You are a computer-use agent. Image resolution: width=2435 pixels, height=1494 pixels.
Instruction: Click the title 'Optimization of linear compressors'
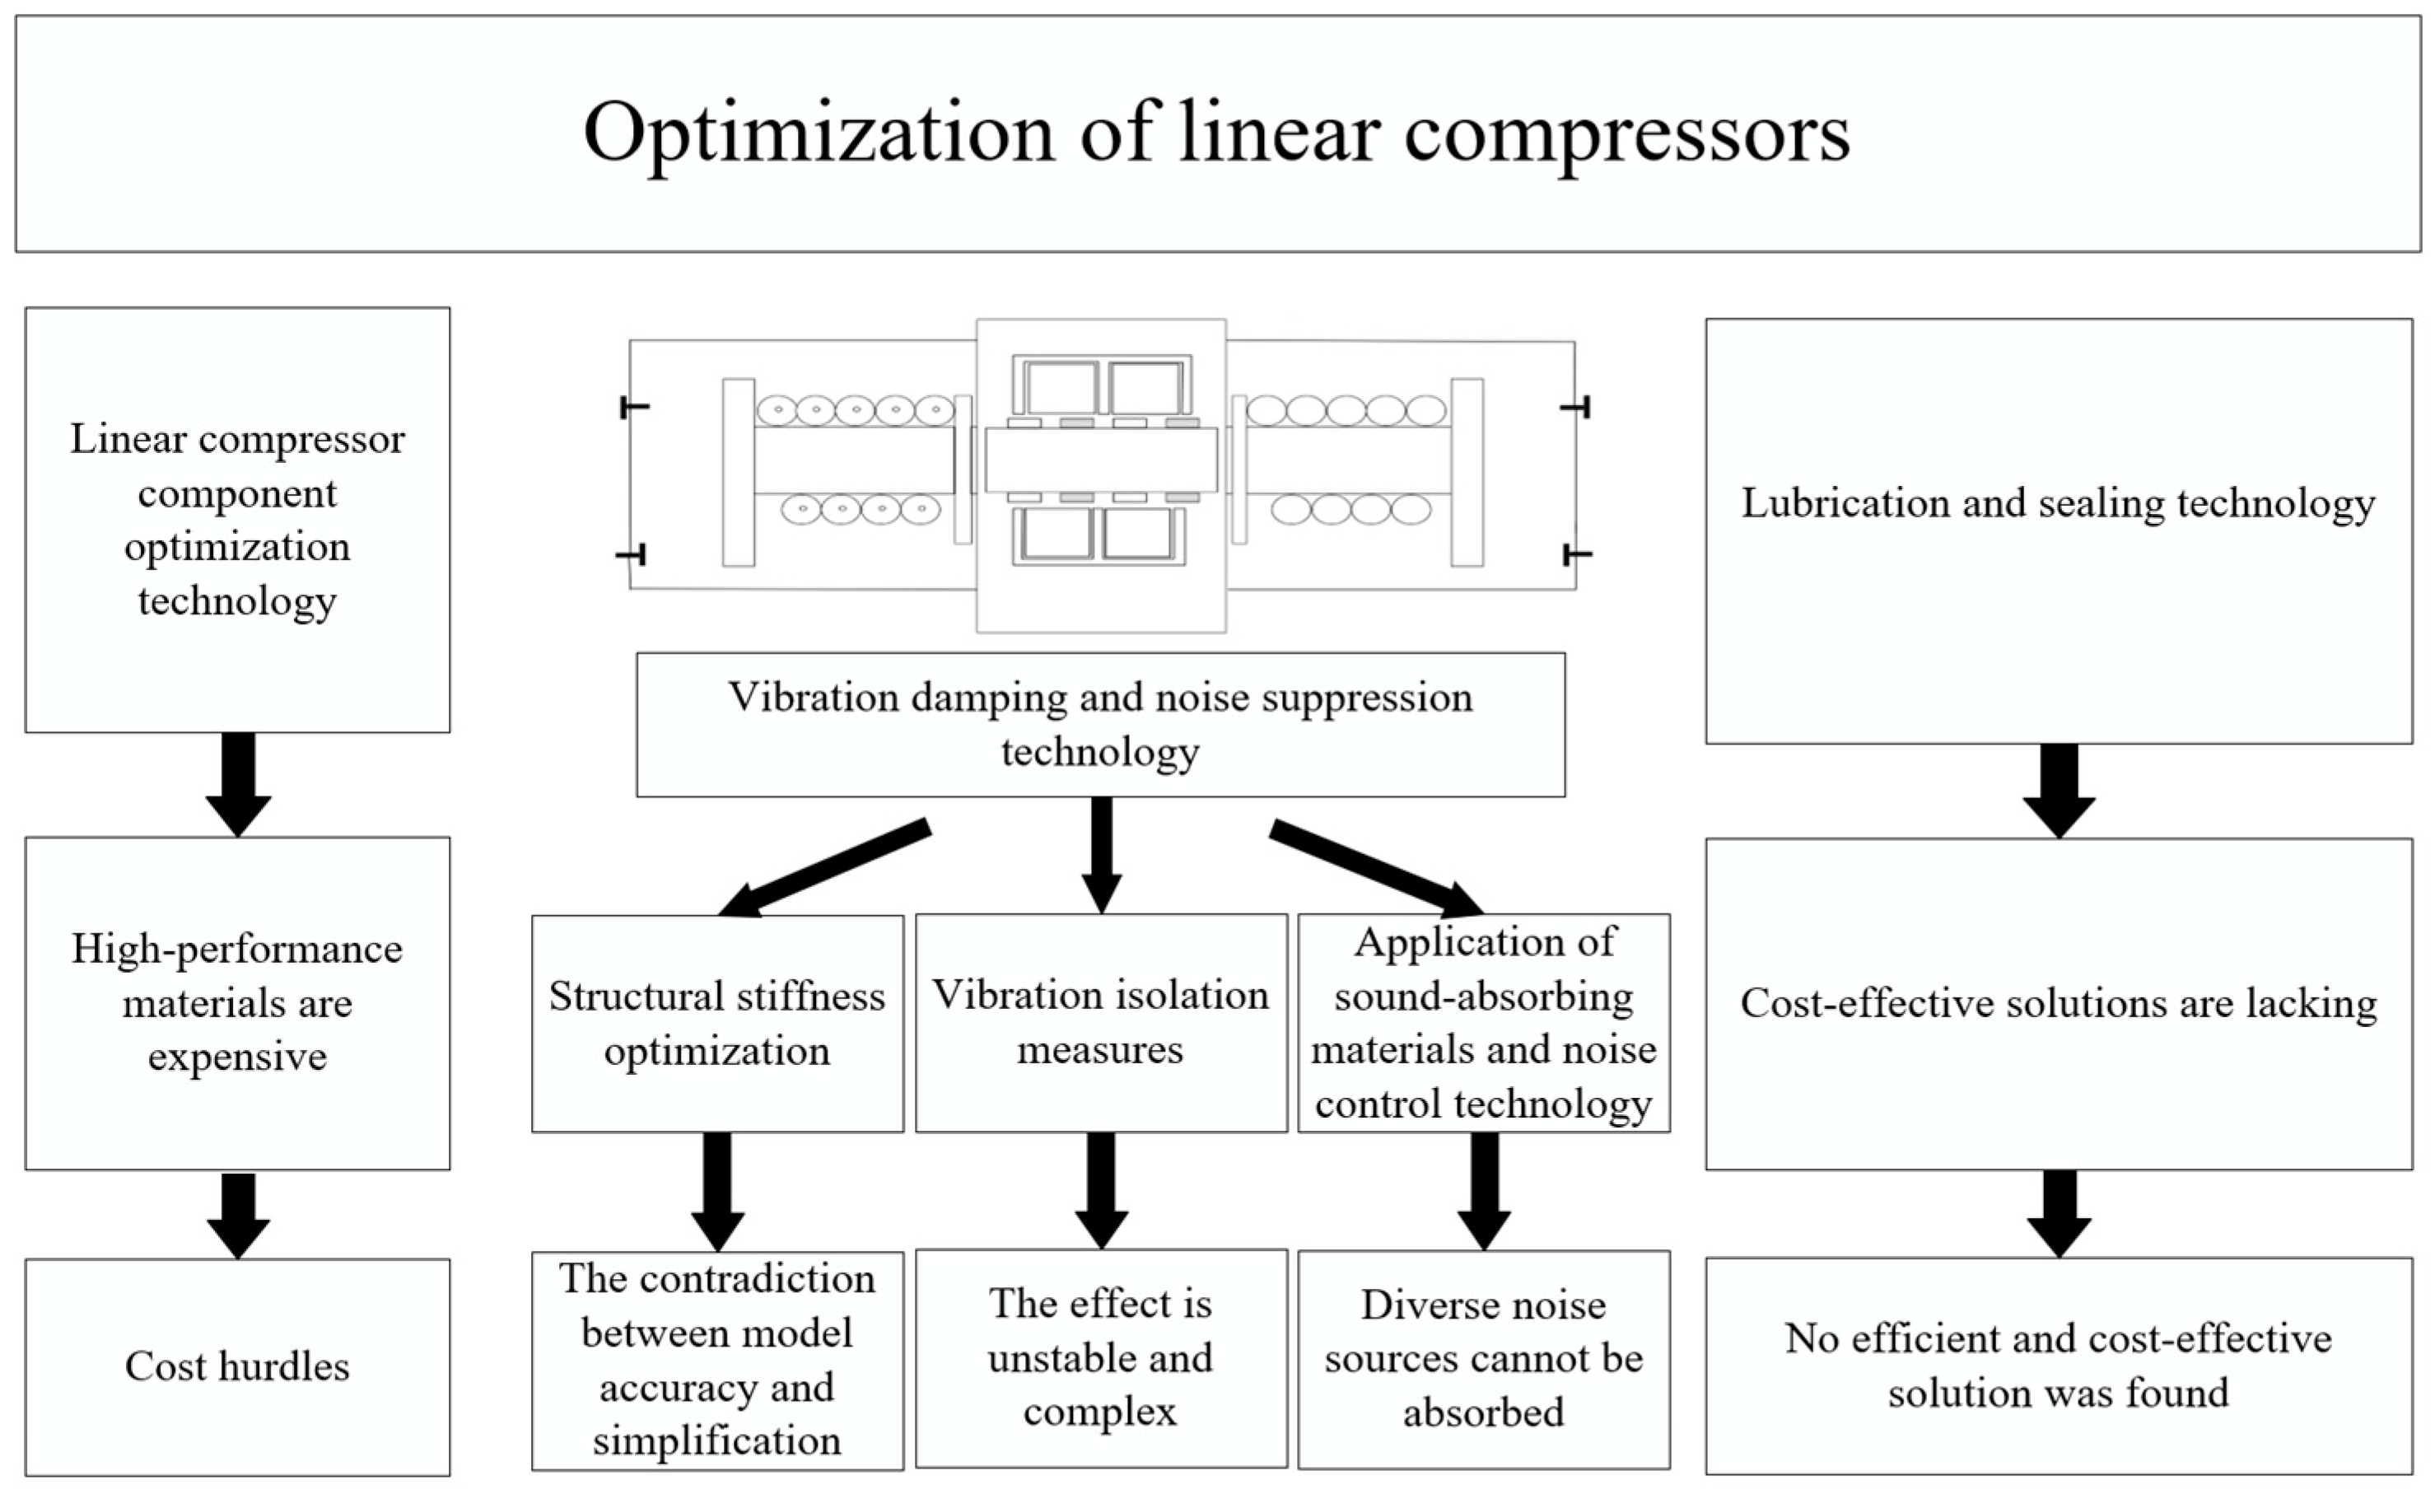coord(1216,133)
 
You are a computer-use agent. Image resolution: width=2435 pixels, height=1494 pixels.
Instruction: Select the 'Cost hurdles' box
coord(237,1366)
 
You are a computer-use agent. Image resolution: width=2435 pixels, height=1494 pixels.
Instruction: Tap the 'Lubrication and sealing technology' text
coord(2058,504)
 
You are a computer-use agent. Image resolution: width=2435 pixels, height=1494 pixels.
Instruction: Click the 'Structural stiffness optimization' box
coord(716,1023)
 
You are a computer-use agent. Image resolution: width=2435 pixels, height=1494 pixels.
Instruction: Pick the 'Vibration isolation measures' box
coord(1100,1022)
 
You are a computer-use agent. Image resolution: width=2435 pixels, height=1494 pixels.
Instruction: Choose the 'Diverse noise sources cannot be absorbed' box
coord(1483,1359)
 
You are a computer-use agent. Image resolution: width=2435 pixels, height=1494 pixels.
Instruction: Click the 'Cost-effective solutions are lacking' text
coord(2058,1004)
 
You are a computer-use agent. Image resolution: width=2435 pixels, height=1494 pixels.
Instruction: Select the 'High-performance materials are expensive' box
coord(237,1003)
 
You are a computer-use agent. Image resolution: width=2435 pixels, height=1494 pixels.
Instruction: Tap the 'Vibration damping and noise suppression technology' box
coord(1100,724)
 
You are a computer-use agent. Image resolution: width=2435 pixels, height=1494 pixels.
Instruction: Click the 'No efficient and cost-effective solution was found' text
coord(2058,1366)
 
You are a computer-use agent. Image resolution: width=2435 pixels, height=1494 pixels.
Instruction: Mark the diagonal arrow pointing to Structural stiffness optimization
coord(825,867)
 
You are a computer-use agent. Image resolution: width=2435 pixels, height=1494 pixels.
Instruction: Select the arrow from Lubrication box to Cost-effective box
coord(2059,790)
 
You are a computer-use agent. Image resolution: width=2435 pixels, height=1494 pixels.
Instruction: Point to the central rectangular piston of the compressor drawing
coord(1101,460)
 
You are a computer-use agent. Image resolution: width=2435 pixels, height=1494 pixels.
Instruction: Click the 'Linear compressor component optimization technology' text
coord(237,520)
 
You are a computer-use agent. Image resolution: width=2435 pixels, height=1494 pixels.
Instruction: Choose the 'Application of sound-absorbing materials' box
coord(1483,1023)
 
